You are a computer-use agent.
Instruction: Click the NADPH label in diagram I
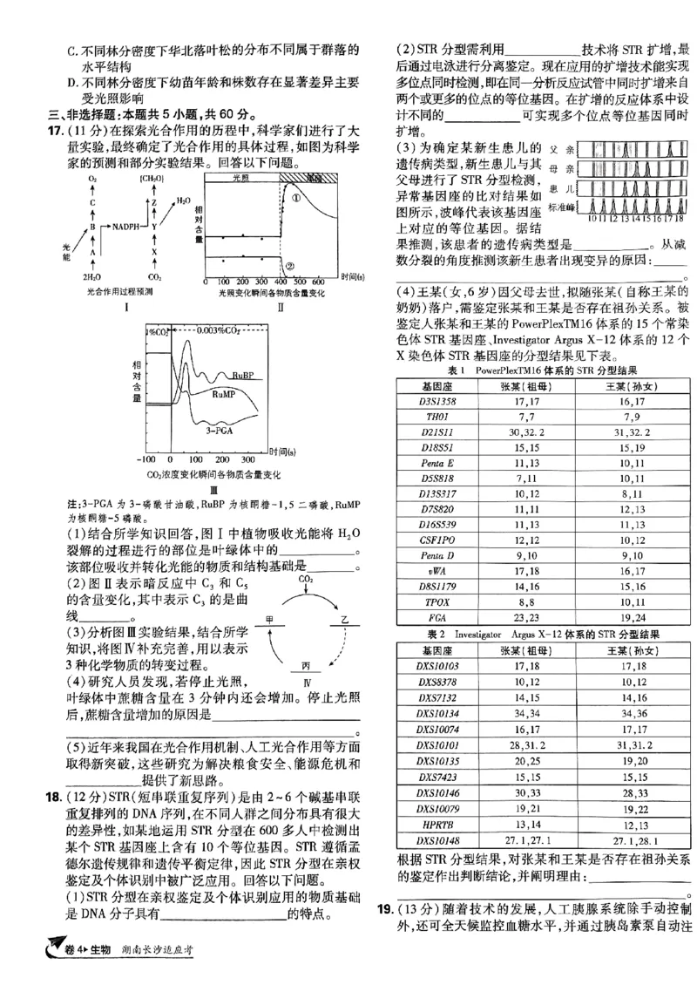pos(126,226)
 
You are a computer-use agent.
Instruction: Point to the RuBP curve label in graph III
pos(243,375)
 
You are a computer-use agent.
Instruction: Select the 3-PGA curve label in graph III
pos(218,430)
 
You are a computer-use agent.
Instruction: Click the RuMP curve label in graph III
pos(224,394)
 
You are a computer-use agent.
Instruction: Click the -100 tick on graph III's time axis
pos(146,458)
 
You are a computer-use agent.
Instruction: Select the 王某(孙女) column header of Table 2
pos(626,650)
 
